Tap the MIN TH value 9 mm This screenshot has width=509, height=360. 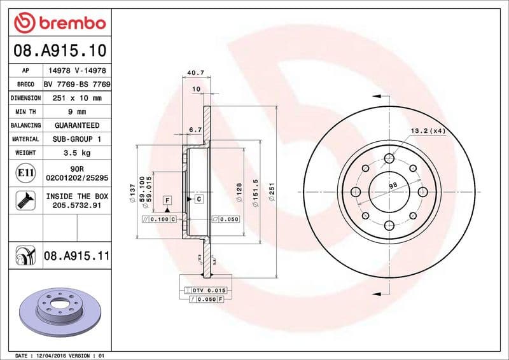click(77, 112)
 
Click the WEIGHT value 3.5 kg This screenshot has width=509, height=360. click(77, 153)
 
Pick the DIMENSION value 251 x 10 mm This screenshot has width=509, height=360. click(77, 99)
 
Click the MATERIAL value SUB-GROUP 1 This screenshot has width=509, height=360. click(77, 139)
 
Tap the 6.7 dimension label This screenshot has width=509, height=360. click(195, 130)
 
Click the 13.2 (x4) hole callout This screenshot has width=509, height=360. click(428, 130)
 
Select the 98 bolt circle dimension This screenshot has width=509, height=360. click(393, 185)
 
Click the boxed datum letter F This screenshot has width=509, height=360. click(167, 200)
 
